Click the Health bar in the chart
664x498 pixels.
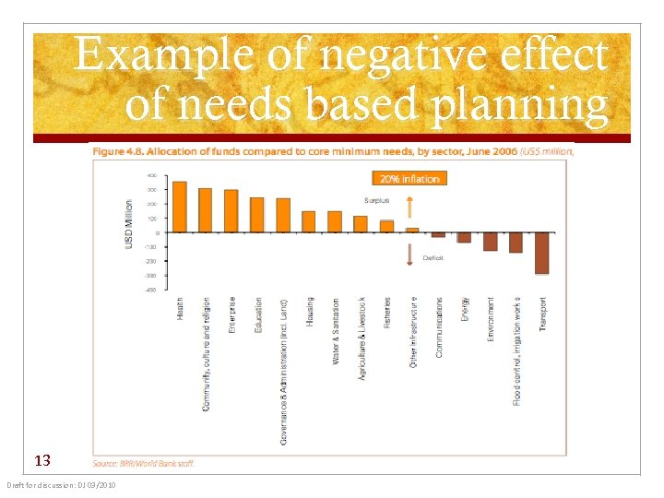pyautogui.click(x=180, y=207)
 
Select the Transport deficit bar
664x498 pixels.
pyautogui.click(x=541, y=253)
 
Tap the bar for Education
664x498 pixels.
pyautogui.click(x=257, y=215)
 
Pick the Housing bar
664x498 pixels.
pyautogui.click(x=309, y=221)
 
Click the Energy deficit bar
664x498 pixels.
pyautogui.click(x=464, y=237)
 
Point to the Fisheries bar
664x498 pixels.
pyautogui.click(x=386, y=226)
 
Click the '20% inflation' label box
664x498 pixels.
pyautogui.click(x=407, y=178)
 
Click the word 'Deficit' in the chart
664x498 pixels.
pyautogui.click(x=433, y=258)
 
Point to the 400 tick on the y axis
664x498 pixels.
pyautogui.click(x=150, y=174)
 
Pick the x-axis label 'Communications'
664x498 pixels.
pyautogui.click(x=439, y=327)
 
